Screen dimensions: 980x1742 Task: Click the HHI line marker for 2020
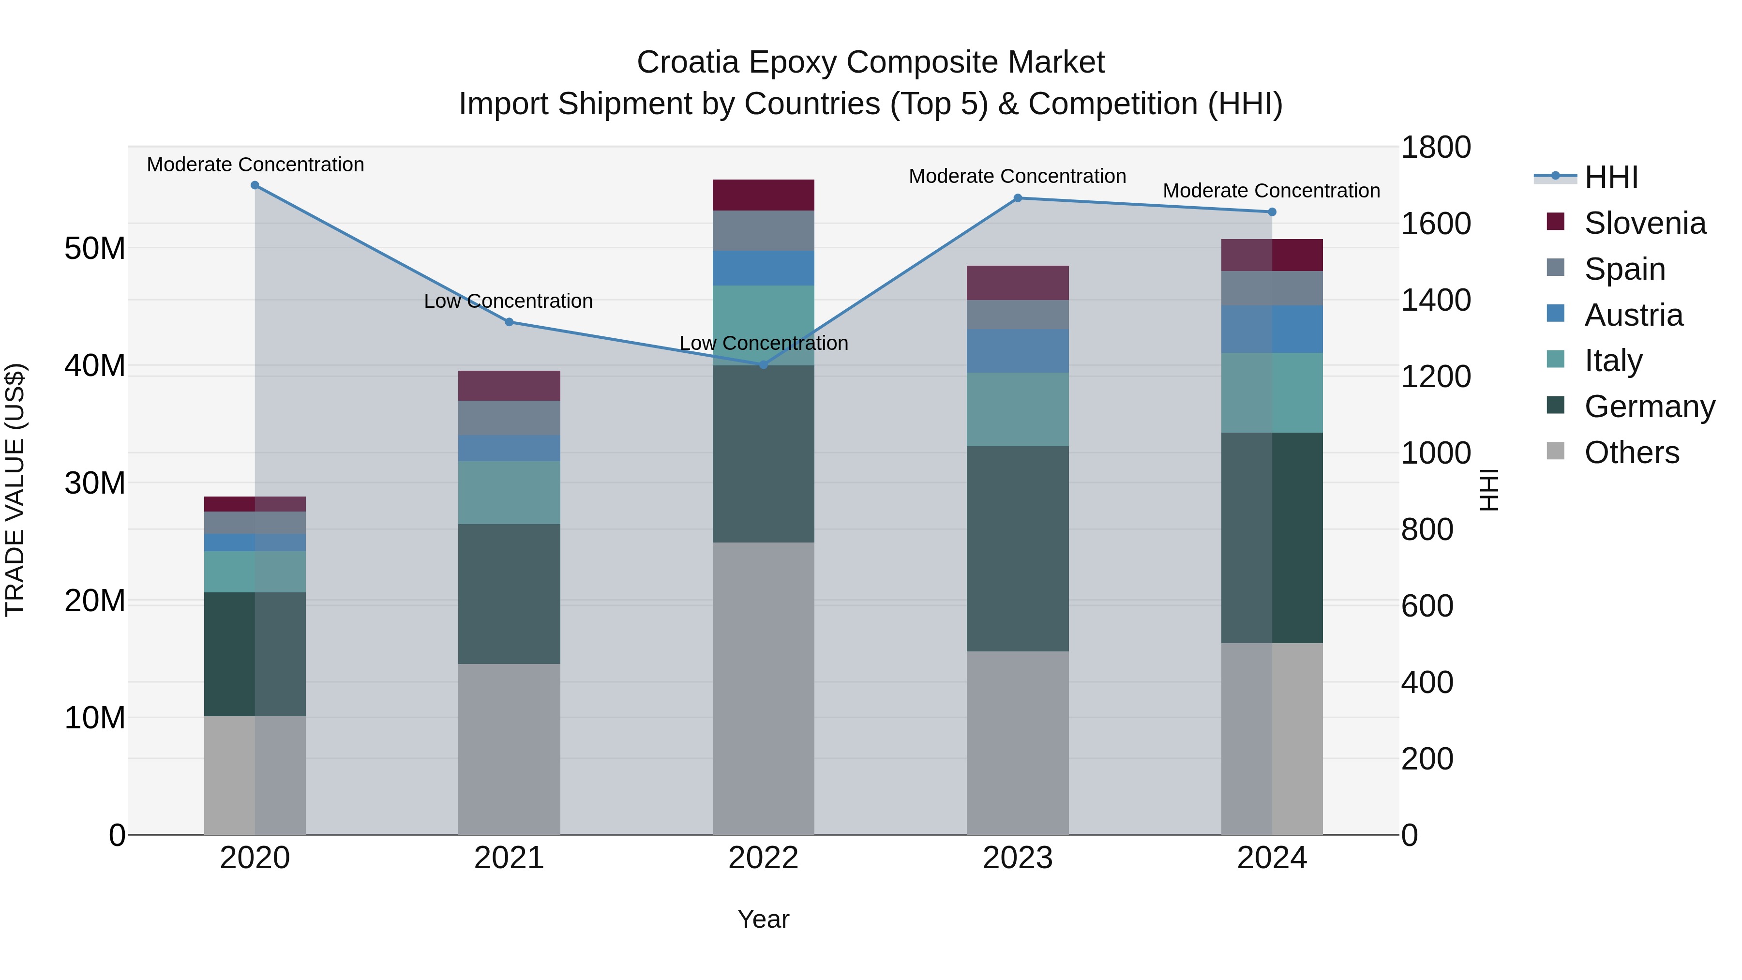click(x=255, y=185)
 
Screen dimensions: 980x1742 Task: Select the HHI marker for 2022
click(x=764, y=364)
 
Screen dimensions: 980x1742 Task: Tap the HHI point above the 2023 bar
click(x=1018, y=198)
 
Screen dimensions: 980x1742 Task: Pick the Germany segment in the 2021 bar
click(x=509, y=594)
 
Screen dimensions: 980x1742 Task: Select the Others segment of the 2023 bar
click(x=1018, y=742)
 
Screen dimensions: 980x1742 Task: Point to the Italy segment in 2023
click(x=1018, y=409)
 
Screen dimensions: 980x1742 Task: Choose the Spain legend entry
click(x=1624, y=269)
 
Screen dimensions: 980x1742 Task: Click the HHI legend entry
click(x=1611, y=177)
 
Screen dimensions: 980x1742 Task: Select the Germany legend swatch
click(x=1555, y=405)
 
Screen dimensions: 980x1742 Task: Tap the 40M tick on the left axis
click(x=95, y=366)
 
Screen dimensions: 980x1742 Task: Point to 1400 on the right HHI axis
click(x=1435, y=300)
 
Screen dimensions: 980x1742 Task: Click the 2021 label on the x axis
click(x=509, y=858)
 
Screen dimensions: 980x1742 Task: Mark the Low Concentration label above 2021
click(x=509, y=301)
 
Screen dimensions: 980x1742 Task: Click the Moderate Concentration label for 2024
click(x=1271, y=191)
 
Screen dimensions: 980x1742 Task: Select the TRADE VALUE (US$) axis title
click(x=15, y=490)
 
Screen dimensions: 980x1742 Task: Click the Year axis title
click(x=764, y=919)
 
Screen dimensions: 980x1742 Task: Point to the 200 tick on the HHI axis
click(x=1427, y=759)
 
